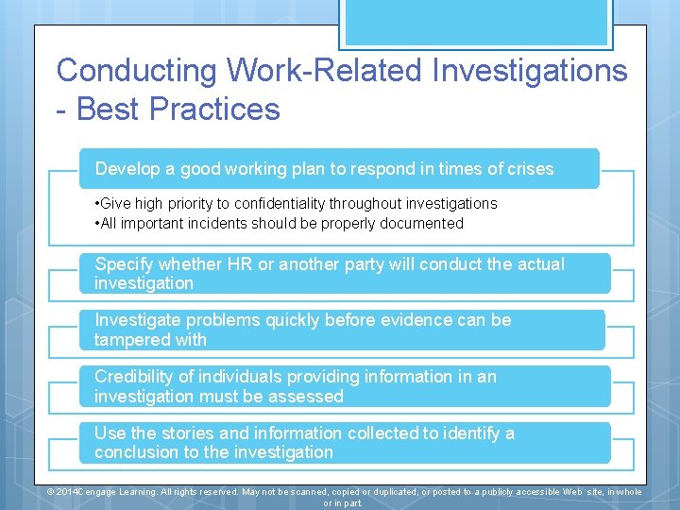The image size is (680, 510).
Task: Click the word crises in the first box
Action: pos(531,169)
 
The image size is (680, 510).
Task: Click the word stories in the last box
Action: pos(185,433)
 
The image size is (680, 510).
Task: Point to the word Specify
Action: pos(126,264)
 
